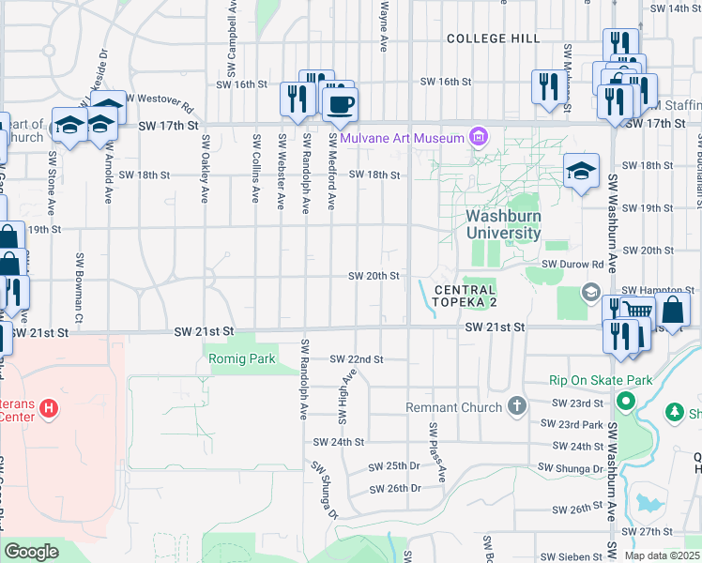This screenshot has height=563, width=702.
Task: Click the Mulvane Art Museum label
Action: [x=403, y=139]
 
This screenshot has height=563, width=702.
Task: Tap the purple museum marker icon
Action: [x=479, y=139]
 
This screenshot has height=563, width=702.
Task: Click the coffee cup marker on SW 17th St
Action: [x=340, y=104]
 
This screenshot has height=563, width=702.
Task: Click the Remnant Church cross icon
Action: [x=515, y=406]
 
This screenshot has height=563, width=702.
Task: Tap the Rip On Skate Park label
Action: [x=601, y=381]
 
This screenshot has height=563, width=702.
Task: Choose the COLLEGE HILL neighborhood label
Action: [x=493, y=38]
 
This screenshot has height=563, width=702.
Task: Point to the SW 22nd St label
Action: [x=357, y=359]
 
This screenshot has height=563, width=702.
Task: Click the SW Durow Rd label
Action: [x=572, y=266]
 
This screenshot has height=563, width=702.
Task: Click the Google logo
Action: [x=31, y=552]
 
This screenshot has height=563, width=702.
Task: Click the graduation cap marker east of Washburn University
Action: [x=582, y=172]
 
